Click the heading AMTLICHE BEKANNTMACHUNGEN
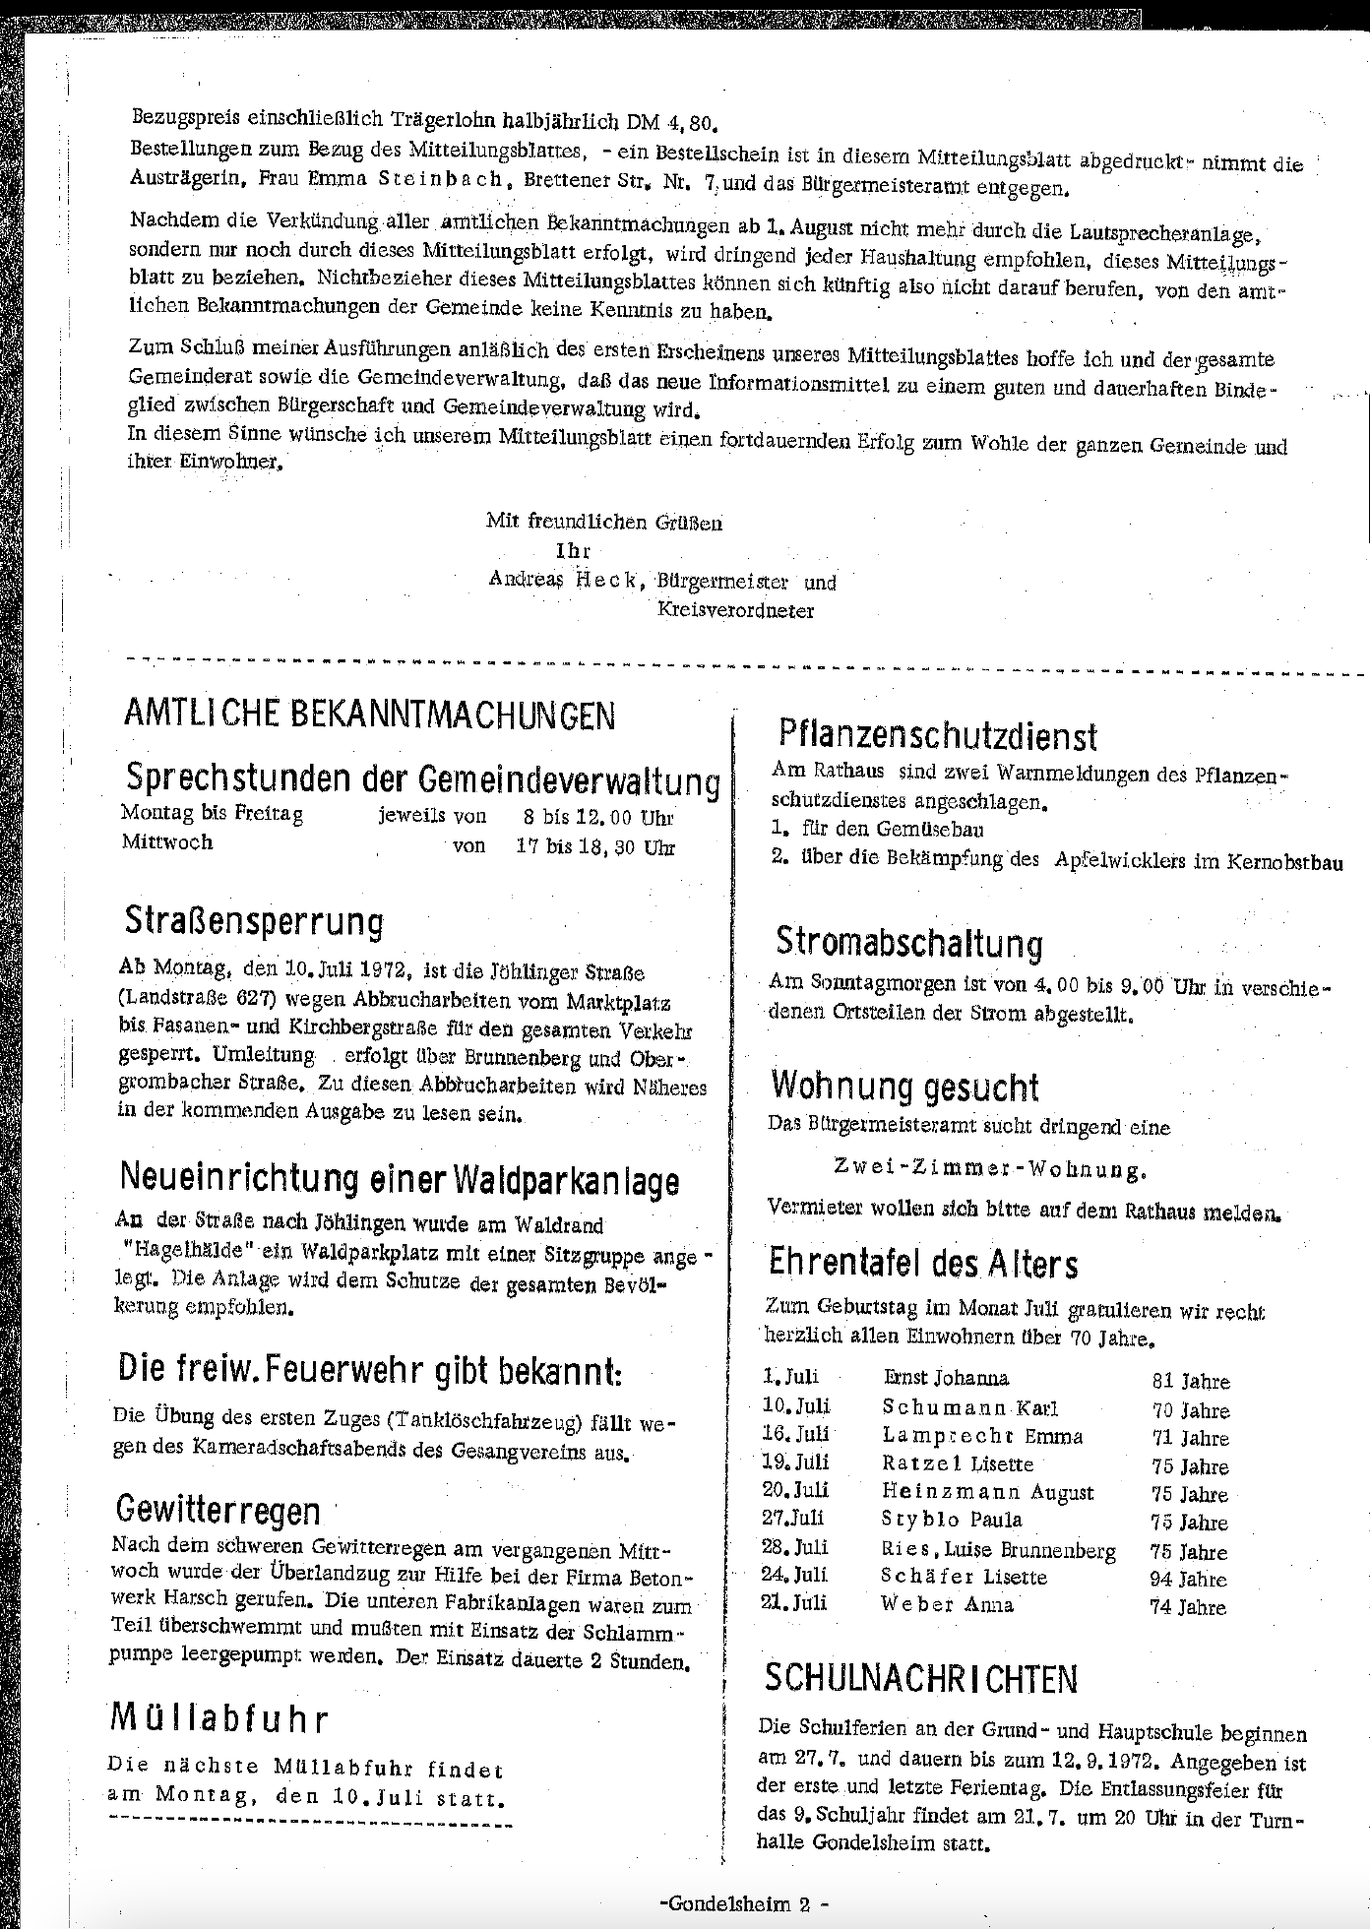point(369,715)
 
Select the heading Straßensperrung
point(254,922)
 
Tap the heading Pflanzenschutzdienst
point(936,735)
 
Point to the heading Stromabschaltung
point(909,942)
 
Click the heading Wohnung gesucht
point(904,1087)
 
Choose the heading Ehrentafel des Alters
point(923,1263)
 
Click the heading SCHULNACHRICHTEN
point(920,1677)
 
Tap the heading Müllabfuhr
point(218,1718)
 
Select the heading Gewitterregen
point(218,1510)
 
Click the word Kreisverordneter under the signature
point(735,610)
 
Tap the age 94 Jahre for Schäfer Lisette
point(1188,1579)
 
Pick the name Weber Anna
point(947,1604)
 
